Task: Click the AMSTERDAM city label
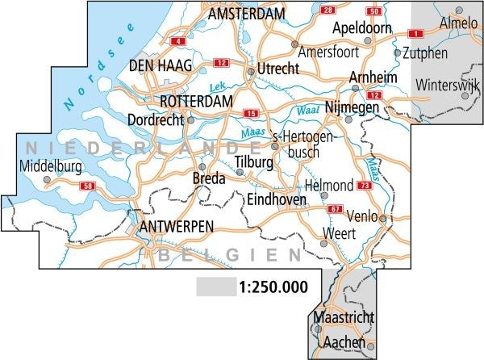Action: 247,15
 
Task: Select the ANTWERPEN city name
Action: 176,227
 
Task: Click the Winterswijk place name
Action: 449,85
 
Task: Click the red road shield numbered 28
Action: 328,10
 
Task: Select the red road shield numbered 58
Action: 88,186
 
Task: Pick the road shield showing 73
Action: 365,186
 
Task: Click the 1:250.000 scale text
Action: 279,287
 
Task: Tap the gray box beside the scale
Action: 215,287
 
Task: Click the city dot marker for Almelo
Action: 459,10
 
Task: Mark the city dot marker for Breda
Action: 202,167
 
